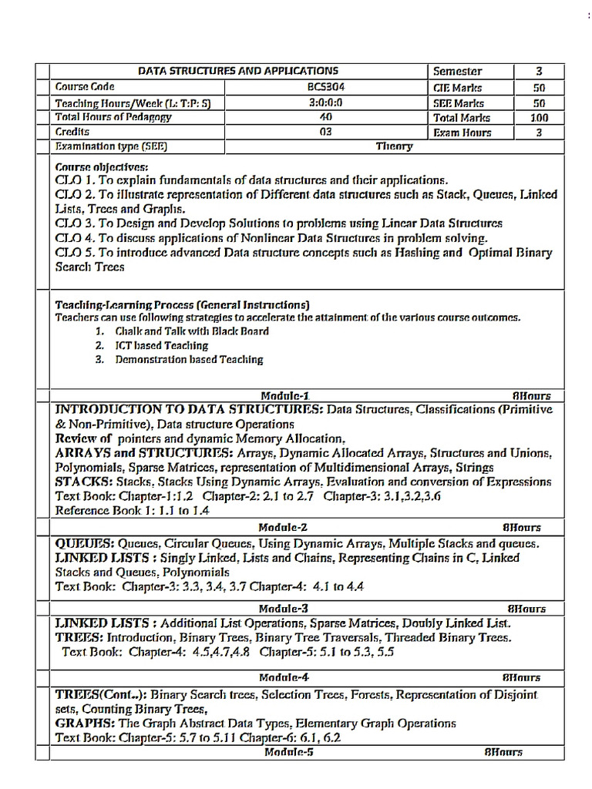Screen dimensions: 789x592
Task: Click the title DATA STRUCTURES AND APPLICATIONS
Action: (237, 71)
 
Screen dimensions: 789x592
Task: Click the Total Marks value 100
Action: (539, 118)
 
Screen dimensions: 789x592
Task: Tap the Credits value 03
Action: (325, 132)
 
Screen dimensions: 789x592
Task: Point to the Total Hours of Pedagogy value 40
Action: (325, 117)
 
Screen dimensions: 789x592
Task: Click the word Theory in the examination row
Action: (394, 146)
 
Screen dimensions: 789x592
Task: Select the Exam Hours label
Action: (462, 133)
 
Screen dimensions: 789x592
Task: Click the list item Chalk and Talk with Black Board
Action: (192, 331)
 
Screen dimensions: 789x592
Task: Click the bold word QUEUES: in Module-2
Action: (85, 544)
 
